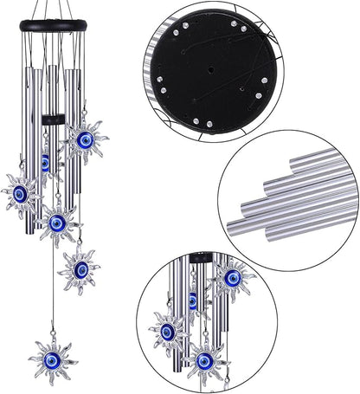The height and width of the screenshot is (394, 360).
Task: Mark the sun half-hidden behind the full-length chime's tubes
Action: pos(45,161)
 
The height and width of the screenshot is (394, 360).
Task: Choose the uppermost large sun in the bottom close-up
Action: pos(233,279)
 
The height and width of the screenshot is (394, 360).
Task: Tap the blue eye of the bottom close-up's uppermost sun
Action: pos(233,278)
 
